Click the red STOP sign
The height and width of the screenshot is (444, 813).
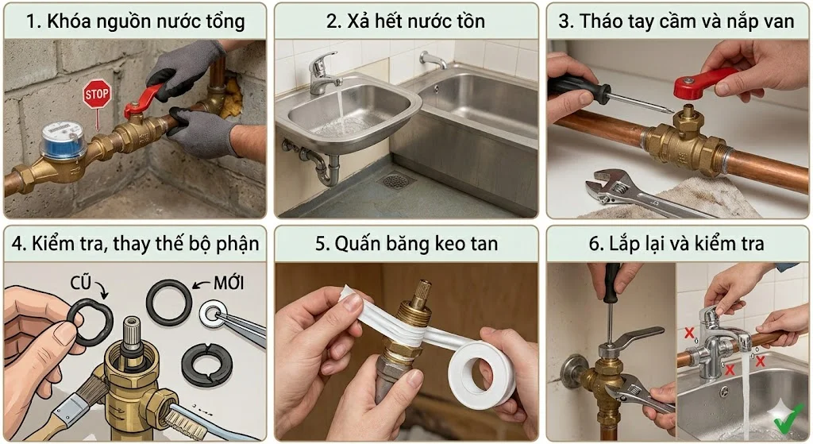coord(97,93)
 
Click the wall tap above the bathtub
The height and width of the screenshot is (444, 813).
coord(433,60)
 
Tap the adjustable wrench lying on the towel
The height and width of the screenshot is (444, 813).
coord(635,190)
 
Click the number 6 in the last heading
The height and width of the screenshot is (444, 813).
coord(595,244)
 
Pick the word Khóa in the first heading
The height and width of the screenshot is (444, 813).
coord(67,21)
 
